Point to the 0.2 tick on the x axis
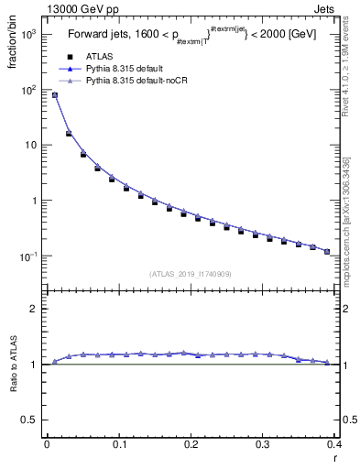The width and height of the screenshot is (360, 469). click(191, 444)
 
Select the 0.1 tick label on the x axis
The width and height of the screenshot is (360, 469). click(118, 444)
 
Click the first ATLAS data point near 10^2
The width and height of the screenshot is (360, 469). click(54, 95)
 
